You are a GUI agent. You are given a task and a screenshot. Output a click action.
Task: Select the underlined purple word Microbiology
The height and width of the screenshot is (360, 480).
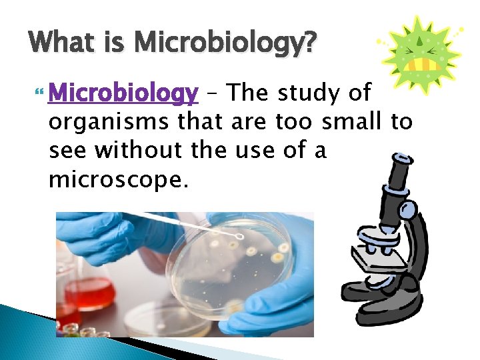[x=123, y=94]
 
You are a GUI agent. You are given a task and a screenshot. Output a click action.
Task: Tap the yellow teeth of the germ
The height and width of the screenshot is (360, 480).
[x=421, y=65]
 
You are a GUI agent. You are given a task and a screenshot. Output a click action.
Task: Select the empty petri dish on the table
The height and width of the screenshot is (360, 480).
[x=160, y=321]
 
